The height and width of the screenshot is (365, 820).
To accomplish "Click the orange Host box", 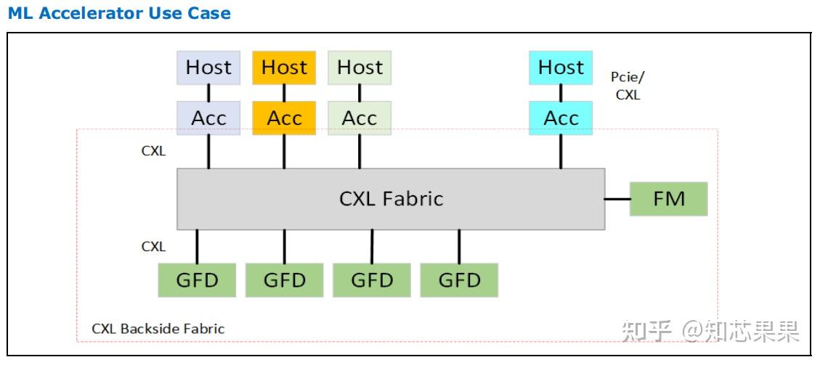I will [x=284, y=67].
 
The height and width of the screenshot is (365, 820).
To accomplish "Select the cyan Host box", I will [x=561, y=67].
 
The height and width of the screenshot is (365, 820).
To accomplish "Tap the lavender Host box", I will [x=208, y=67].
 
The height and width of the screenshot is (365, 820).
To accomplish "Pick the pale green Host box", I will [x=360, y=67].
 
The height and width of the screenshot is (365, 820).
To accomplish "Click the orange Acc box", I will [x=284, y=118].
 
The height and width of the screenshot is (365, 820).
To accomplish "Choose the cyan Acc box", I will [x=561, y=118].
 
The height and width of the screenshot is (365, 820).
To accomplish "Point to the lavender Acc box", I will [x=208, y=118].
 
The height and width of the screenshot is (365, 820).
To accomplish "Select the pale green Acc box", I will [x=360, y=118].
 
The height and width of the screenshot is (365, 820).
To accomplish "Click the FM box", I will [x=668, y=199].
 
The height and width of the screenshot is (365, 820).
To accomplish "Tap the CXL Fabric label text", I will [x=391, y=199].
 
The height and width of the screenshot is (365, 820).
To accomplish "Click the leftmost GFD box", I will [x=197, y=280].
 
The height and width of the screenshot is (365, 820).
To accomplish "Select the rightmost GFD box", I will [x=460, y=280].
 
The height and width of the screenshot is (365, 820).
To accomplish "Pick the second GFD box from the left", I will [x=284, y=280].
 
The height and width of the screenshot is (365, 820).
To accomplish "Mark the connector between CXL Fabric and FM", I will [x=617, y=199].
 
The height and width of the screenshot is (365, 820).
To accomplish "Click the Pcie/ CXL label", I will [x=628, y=86].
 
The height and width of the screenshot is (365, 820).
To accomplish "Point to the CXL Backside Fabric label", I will [x=158, y=329].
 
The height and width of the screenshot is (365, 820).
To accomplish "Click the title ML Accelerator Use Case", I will [x=119, y=13].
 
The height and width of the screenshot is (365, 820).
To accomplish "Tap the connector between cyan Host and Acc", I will [x=561, y=93].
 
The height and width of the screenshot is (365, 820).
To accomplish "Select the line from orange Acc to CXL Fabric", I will [x=284, y=152].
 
